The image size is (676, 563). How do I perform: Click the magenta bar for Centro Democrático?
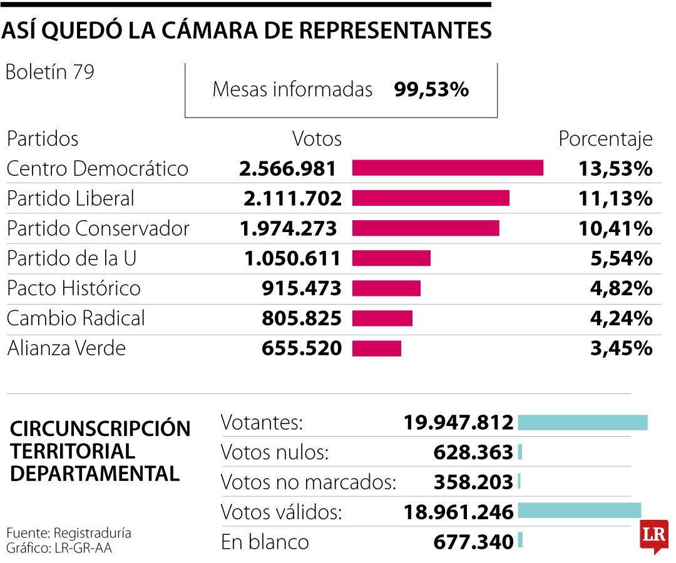pyautogui.click(x=448, y=168)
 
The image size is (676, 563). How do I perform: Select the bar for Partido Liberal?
pyautogui.click(x=431, y=198)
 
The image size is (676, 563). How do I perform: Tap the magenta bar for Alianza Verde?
pyautogui.click(x=376, y=348)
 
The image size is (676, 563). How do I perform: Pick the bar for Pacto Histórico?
pyautogui.click(x=386, y=288)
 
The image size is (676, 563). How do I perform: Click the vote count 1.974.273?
pyautogui.click(x=288, y=228)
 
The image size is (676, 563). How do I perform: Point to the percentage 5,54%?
pyautogui.click(x=621, y=258)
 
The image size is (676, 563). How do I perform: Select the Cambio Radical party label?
pyautogui.click(x=76, y=318)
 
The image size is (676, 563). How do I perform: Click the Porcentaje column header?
pyautogui.click(x=605, y=138)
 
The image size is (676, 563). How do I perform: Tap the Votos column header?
pyautogui.click(x=317, y=138)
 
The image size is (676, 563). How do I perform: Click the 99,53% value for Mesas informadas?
pyautogui.click(x=431, y=89)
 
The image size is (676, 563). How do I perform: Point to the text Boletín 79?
pyautogui.click(x=49, y=73)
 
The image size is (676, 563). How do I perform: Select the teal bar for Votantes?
pyautogui.click(x=582, y=422)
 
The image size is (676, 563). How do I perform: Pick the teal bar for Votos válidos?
pyautogui.click(x=579, y=510)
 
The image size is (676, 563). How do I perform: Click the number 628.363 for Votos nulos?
pyautogui.click(x=473, y=452)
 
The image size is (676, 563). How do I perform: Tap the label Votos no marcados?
pyautogui.click(x=309, y=482)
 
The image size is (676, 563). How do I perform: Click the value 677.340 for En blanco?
pyautogui.click(x=473, y=541)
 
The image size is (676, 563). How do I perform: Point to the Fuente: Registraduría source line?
pyautogui.click(x=69, y=533)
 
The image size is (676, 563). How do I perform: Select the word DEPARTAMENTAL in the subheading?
pyautogui.click(x=95, y=473)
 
